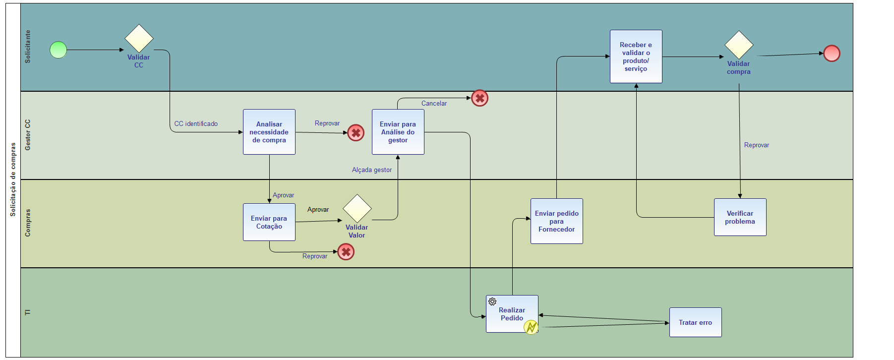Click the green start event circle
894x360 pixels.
coord(59,50)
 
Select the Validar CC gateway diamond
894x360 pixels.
coord(139,38)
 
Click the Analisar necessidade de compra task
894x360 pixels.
coord(269,132)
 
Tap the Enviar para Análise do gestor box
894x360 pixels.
coord(398,132)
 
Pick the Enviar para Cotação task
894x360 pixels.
coord(269,222)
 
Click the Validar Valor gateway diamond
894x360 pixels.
coord(357,209)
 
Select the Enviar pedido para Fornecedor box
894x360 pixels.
coord(557,221)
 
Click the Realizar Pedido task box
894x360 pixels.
coord(512,314)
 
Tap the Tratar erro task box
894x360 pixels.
coord(696,322)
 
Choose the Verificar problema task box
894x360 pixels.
coord(740,217)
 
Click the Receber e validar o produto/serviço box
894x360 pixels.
coord(636,57)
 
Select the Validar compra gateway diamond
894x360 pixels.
coord(739,45)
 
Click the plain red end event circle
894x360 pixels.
coord(832,54)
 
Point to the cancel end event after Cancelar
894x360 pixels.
coord(480,98)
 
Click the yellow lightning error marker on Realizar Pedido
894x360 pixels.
coord(531,327)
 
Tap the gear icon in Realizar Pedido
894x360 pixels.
coord(492,301)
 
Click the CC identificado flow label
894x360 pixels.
coord(196,124)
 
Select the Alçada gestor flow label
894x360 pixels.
coord(372,170)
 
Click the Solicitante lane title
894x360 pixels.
coord(28,47)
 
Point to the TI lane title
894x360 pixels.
coord(28,312)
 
